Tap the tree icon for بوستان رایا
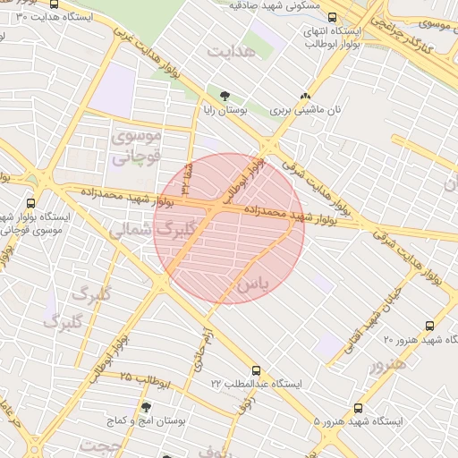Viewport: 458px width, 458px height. pyautogui.click(x=224, y=96)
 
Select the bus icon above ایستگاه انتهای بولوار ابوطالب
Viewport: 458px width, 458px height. pyautogui.click(x=333, y=17)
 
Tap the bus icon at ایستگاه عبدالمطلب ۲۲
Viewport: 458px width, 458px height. pyautogui.click(x=257, y=369)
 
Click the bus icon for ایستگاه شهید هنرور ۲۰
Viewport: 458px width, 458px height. pyautogui.click(x=429, y=327)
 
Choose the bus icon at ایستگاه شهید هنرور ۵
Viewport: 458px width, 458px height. pyautogui.click(x=359, y=408)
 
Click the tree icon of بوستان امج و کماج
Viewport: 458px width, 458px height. pyautogui.click(x=145, y=407)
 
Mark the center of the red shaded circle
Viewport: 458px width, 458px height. pyautogui.click(x=229, y=228)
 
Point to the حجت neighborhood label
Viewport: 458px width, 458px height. pyautogui.click(x=99, y=445)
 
